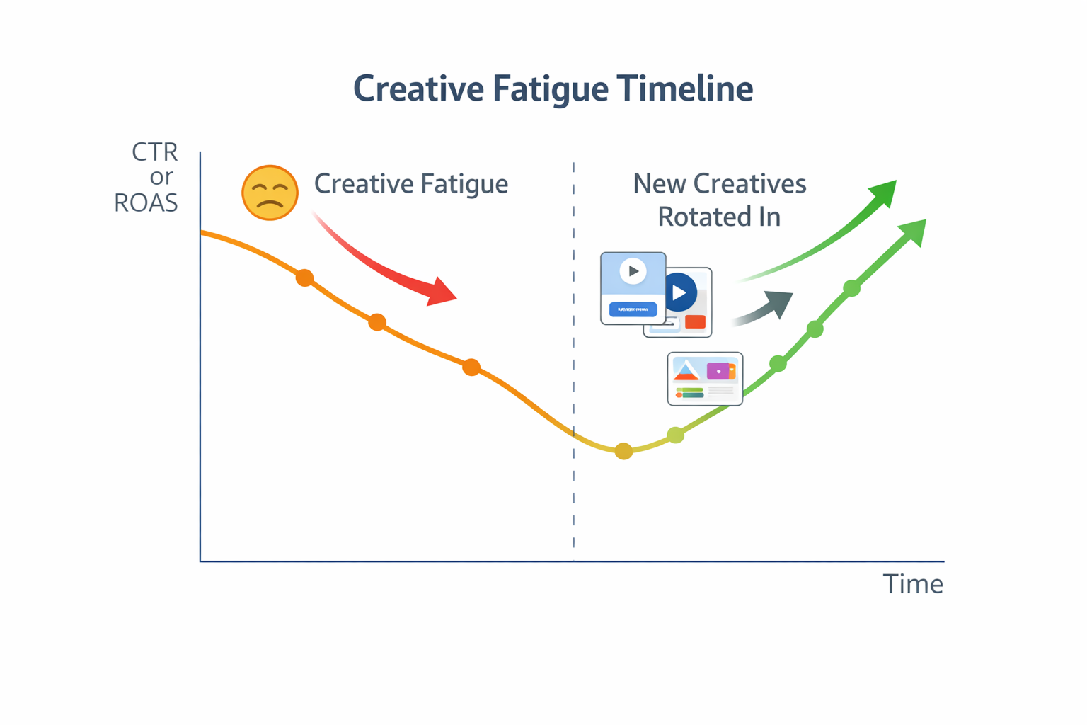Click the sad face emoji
(x=270, y=193)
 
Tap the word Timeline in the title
(x=684, y=89)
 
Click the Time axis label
(x=912, y=584)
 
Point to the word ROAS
(x=146, y=203)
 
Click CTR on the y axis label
(x=154, y=152)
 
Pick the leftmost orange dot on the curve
(x=304, y=278)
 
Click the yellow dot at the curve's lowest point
(x=623, y=451)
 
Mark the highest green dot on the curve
(x=851, y=288)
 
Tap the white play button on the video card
(x=633, y=271)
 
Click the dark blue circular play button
(x=680, y=292)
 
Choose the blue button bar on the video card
(x=633, y=309)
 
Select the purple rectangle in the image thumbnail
(x=718, y=370)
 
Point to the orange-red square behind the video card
(x=695, y=322)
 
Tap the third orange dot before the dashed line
(x=471, y=367)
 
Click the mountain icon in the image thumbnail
(x=686, y=370)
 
